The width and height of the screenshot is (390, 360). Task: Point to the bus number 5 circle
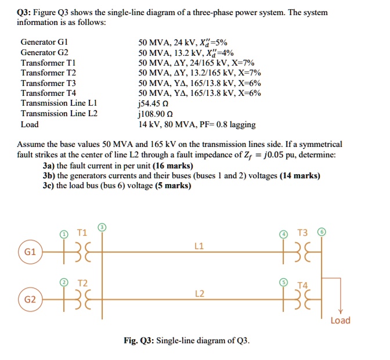(283, 282)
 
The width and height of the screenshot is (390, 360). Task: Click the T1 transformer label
(82, 233)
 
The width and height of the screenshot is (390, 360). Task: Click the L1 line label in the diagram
(199, 246)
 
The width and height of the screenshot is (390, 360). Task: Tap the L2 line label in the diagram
(199, 294)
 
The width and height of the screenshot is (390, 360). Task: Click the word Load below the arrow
(340, 321)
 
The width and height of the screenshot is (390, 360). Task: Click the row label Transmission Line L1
(59, 103)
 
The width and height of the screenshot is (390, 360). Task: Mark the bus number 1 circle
(63, 234)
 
